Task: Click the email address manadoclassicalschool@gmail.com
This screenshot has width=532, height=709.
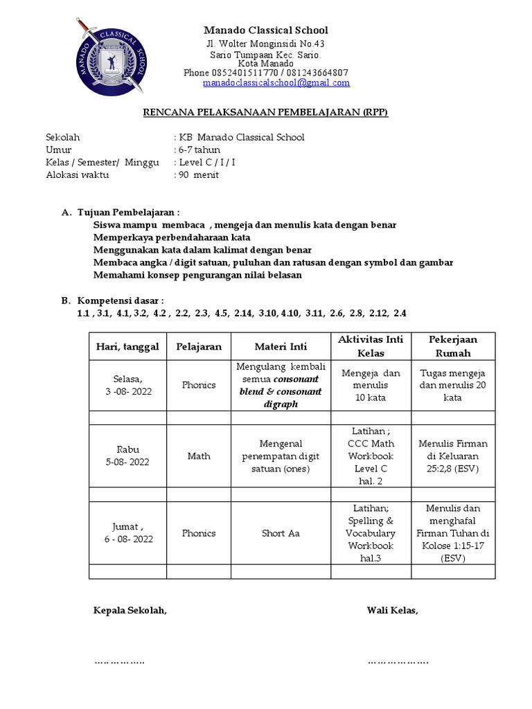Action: (x=276, y=83)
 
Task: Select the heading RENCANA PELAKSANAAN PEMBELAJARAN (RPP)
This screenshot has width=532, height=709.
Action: (x=265, y=111)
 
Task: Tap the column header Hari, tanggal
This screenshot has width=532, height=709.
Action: (x=127, y=346)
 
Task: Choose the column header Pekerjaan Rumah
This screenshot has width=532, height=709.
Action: (x=453, y=346)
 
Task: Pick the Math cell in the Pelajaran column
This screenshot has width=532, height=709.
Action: (x=199, y=456)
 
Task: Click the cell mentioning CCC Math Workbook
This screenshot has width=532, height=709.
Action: (x=371, y=456)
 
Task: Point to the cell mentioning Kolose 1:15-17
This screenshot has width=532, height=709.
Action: (x=453, y=533)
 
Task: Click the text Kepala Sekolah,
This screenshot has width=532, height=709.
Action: (x=130, y=610)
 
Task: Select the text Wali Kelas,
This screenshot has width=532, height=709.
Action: (x=393, y=610)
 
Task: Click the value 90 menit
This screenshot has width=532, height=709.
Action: (x=198, y=174)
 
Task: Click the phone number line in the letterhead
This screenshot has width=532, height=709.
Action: (x=265, y=73)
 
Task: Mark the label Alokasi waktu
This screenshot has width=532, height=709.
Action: (x=77, y=174)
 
